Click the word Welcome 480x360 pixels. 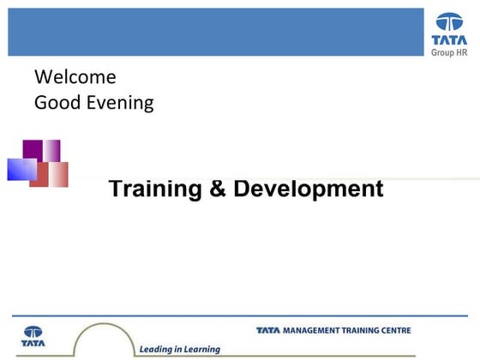[75, 77]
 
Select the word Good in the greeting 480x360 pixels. [52, 104]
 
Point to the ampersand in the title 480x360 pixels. [218, 189]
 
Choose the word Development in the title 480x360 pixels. [309, 189]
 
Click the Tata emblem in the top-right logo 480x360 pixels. [448, 23]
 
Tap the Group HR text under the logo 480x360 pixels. [448, 51]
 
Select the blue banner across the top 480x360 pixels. [214, 32]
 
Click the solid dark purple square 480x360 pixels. [33, 149]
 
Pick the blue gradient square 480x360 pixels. [21, 170]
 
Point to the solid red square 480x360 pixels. [39, 175]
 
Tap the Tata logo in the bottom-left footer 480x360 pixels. [33, 335]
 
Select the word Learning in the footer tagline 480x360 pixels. [201, 349]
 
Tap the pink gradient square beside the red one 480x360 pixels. [58, 175]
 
